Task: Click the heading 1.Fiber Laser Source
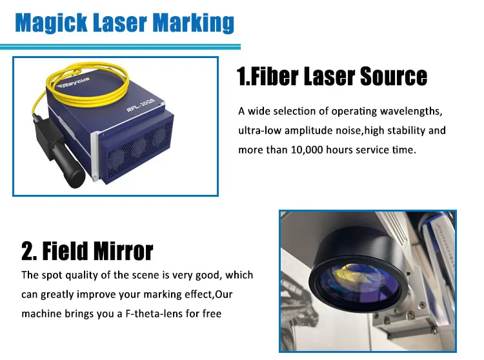332,76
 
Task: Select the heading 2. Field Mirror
87,250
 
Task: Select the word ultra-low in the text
259,130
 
